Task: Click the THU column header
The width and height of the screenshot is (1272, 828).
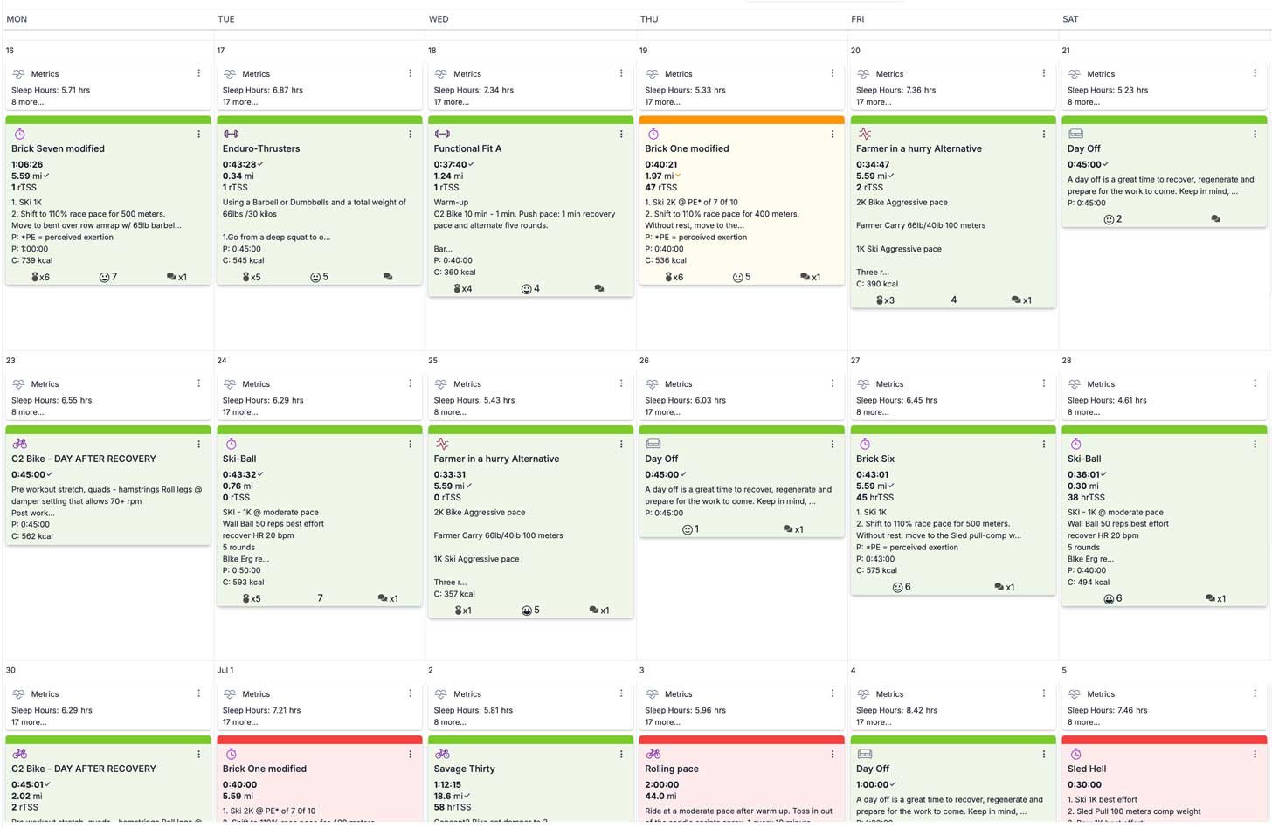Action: tap(649, 19)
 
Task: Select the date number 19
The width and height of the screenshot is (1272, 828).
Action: tap(644, 51)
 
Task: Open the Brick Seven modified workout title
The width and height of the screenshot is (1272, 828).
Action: tap(58, 148)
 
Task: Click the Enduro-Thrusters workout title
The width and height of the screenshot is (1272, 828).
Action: tap(261, 148)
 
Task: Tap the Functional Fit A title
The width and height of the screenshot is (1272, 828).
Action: tap(467, 148)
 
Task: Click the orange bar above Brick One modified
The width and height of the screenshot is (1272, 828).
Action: tap(741, 120)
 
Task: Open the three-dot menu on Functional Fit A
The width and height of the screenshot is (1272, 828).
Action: tap(621, 135)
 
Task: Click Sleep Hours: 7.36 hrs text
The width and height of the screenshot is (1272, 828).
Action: tap(895, 90)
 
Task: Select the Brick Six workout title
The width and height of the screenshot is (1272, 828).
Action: tap(875, 459)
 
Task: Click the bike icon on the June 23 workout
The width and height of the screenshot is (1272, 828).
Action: tap(20, 444)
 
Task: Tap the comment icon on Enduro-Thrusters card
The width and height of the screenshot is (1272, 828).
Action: tap(388, 277)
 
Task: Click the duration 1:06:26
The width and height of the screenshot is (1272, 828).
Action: tap(27, 164)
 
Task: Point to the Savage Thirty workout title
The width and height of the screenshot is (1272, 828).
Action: tap(464, 769)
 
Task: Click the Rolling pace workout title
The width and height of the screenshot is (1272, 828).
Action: tap(672, 769)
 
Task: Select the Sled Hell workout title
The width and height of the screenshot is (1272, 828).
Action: tap(1087, 769)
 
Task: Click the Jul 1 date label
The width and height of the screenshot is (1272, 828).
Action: tap(225, 671)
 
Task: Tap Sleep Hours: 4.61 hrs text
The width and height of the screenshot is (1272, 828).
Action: tap(1107, 400)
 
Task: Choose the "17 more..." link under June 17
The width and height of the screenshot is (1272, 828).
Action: tap(240, 102)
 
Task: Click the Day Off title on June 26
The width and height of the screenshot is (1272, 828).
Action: tap(661, 459)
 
